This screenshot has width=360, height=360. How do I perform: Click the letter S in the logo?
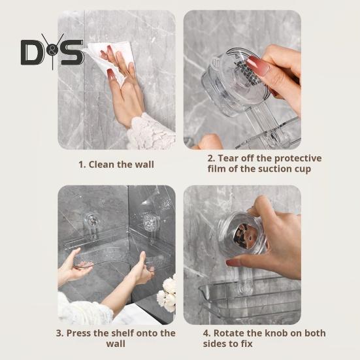coord(72,52)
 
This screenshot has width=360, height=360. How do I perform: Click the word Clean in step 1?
coord(101,165)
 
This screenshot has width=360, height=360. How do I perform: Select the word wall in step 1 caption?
coord(144,165)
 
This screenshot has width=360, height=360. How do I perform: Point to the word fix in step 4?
coord(246,344)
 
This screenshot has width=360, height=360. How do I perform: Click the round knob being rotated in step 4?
coord(242,234)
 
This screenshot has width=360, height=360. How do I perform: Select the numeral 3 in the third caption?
coord(59,333)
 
